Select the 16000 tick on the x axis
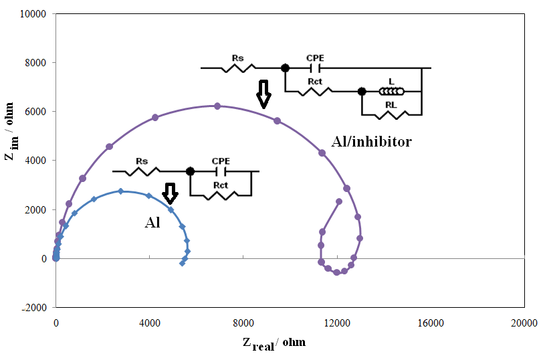click(x=431, y=323)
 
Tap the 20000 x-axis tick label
click(x=523, y=323)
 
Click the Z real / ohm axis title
click(x=274, y=343)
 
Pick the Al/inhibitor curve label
click(x=372, y=142)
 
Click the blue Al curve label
click(x=152, y=223)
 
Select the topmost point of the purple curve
click(x=217, y=106)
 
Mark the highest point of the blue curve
click(x=121, y=191)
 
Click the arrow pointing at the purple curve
click(x=263, y=94)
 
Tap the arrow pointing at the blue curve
click(x=170, y=193)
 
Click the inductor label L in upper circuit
click(x=391, y=82)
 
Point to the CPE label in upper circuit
click(x=315, y=58)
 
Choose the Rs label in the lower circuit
click(x=141, y=161)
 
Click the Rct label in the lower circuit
click(x=220, y=185)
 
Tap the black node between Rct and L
click(x=362, y=91)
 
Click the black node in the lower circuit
click(x=190, y=171)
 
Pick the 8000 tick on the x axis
click(x=243, y=323)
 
